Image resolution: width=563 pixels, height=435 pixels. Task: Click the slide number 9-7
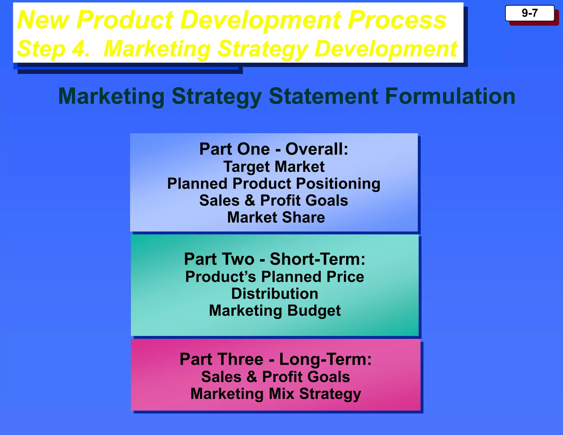[529, 13]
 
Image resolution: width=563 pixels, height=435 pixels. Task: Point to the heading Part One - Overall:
[274, 149]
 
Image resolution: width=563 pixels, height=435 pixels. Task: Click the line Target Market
[274, 167]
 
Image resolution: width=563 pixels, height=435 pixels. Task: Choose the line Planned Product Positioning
[274, 184]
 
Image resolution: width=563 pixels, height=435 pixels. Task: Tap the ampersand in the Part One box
[250, 200]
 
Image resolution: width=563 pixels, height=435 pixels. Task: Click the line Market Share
[276, 217]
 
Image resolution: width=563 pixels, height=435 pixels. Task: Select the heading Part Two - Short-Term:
[275, 259]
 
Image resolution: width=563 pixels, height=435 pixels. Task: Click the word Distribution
[275, 294]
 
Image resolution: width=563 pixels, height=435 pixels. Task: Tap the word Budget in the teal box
[314, 311]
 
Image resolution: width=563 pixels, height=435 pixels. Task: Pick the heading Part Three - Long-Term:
[275, 359]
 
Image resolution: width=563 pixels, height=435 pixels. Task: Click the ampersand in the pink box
[252, 377]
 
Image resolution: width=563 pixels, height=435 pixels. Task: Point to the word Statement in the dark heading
[323, 96]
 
